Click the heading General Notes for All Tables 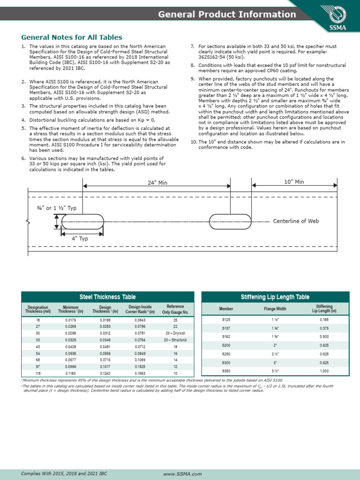pyautogui.click(x=72, y=37)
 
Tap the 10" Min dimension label pyautogui.click(x=294, y=181)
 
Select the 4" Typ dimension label pyautogui.click(x=80, y=238)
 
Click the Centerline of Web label pyautogui.click(x=296, y=221)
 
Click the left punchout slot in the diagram pyautogui.click(x=82, y=222)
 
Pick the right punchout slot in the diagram pyautogui.click(x=230, y=222)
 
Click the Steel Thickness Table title pyautogui.click(x=107, y=297)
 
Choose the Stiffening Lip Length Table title pyautogui.click(x=275, y=297)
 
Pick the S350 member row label pyautogui.click(x=226, y=371)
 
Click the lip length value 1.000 pyautogui.click(x=324, y=371)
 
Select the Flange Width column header pyautogui.click(x=275, y=309)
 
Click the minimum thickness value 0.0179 pyautogui.click(x=70, y=320)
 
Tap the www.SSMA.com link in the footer pyautogui.click(x=182, y=474)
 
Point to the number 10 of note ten pyautogui.click(x=194, y=142)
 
